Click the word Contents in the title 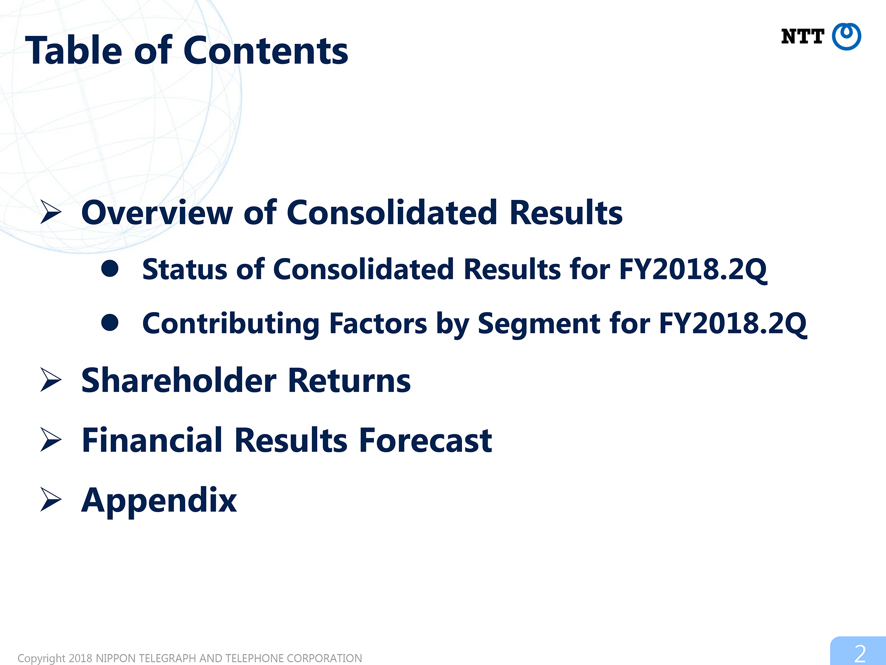(x=266, y=51)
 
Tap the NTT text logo (x=802, y=36)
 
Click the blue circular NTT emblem (x=846, y=36)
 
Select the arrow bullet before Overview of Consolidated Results (x=51, y=212)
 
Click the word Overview (x=157, y=212)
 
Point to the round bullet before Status (x=110, y=268)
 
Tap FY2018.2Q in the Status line (x=693, y=270)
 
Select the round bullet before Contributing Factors (x=110, y=323)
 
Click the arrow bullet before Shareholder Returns (x=51, y=380)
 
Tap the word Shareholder (x=179, y=380)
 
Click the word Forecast (x=426, y=440)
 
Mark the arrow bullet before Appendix (x=51, y=499)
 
